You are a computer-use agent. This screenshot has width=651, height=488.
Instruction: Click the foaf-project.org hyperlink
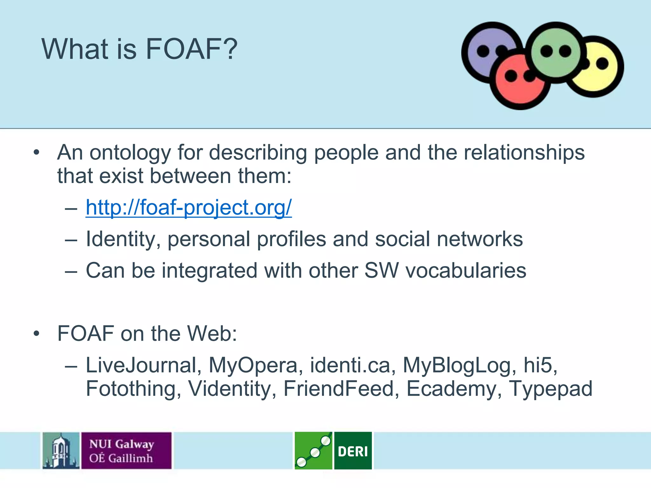point(188,208)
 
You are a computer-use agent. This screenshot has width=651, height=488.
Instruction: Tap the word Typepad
point(551,389)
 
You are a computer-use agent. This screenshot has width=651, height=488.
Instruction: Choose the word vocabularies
point(466,271)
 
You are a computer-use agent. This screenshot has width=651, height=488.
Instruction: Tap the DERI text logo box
point(353,451)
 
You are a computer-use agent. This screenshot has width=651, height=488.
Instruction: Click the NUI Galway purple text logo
point(126,451)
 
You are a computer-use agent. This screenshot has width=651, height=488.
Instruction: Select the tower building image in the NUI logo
point(61,451)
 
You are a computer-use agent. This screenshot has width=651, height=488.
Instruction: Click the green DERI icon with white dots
point(313,451)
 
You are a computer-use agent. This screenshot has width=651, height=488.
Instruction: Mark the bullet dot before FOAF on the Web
point(37,334)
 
